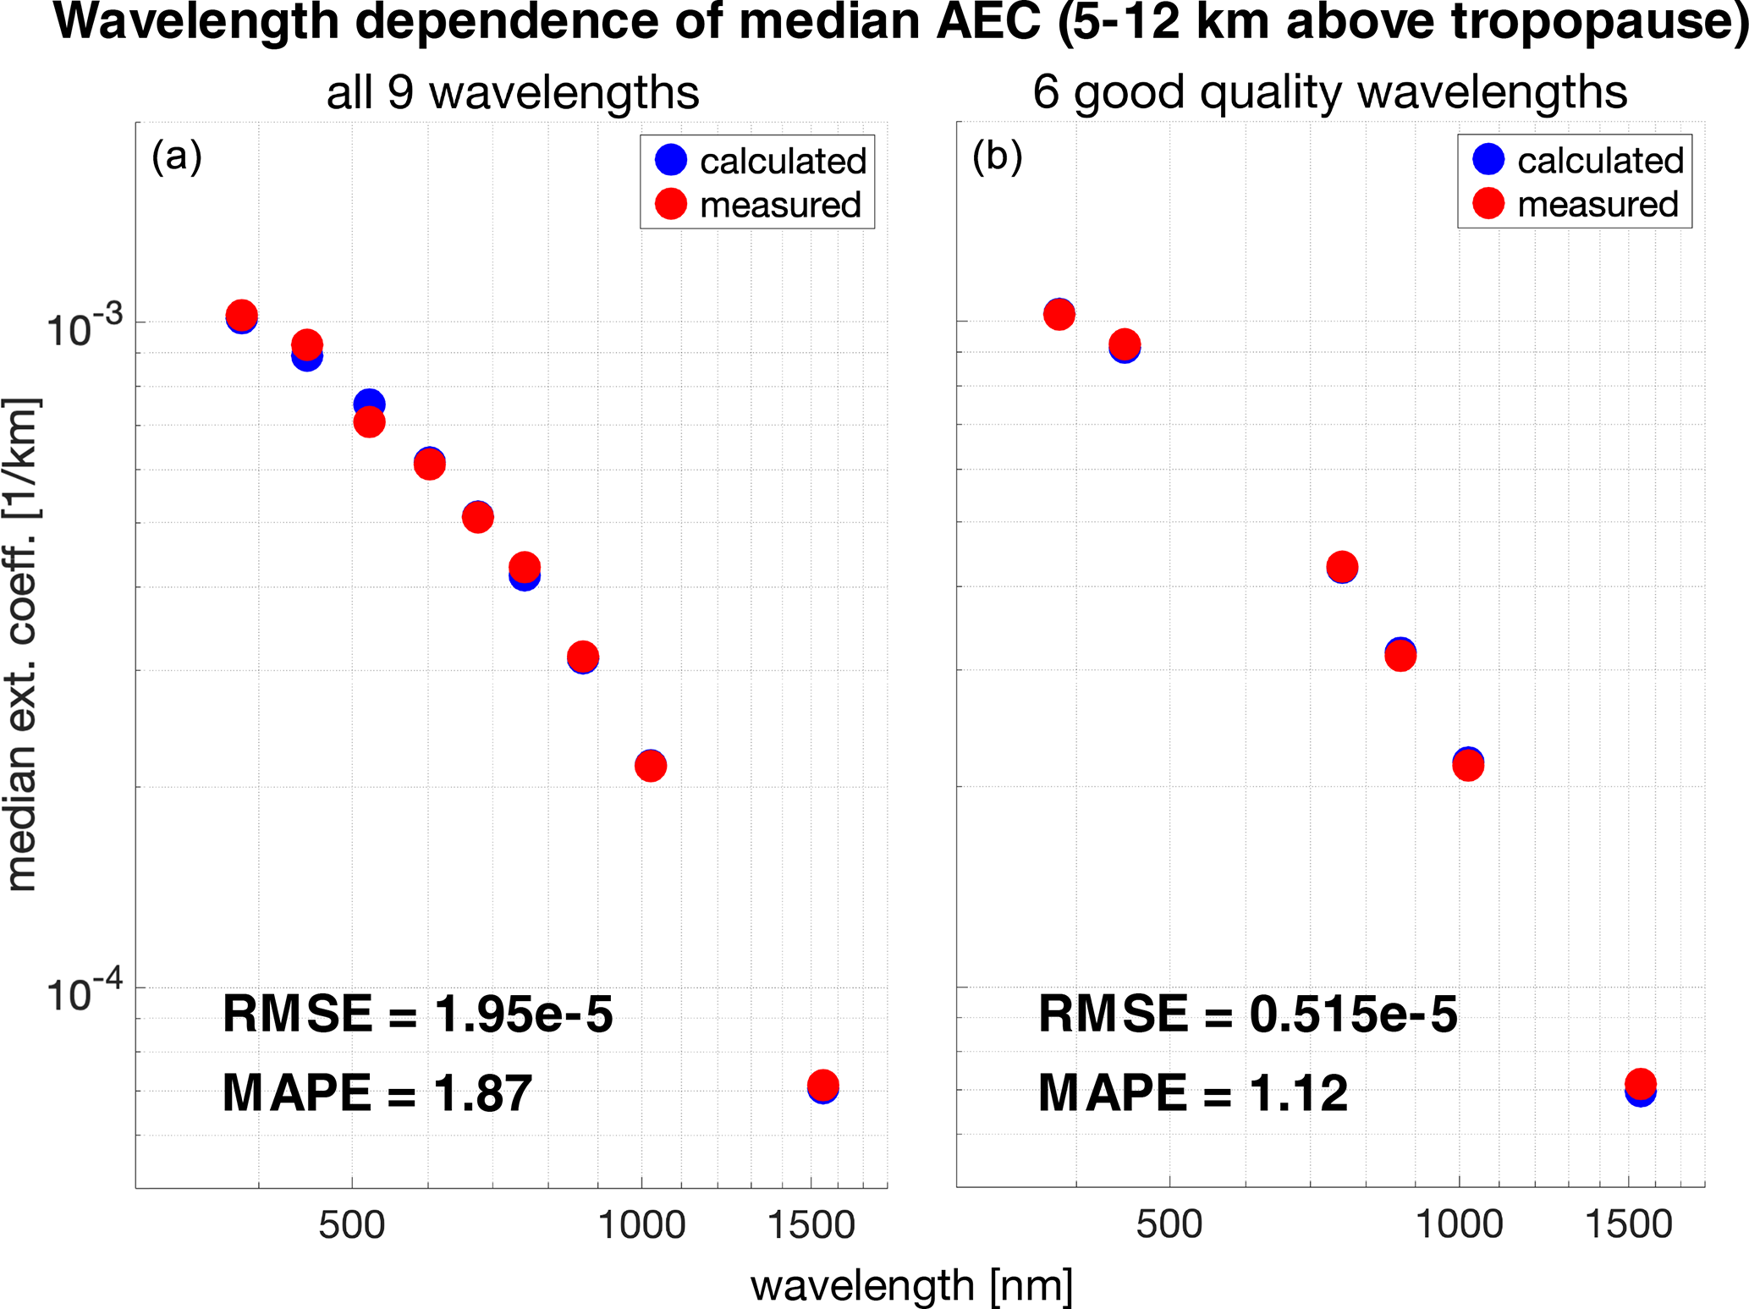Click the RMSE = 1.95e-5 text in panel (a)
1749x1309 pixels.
pos(417,1015)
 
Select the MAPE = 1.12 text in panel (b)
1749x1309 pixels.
pos(1192,1092)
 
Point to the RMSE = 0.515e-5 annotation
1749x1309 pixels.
pos(1247,1015)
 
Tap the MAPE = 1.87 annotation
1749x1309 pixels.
pos(377,1092)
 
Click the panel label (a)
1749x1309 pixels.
pos(176,157)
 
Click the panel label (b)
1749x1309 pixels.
pos(997,157)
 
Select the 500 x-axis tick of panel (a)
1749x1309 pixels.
pos(351,1224)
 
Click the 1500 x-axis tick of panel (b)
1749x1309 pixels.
pos(1628,1224)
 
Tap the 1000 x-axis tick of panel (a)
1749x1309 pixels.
pos(641,1224)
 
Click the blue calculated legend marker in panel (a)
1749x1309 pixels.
pos(671,160)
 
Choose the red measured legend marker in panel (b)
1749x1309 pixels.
pos(1488,203)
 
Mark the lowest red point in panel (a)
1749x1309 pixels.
pos(822,1085)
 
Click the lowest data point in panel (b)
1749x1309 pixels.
pos(1640,1091)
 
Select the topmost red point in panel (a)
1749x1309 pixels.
pos(242,316)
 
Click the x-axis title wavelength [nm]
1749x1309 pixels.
pos(911,1286)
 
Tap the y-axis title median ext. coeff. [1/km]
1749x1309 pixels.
pos(22,643)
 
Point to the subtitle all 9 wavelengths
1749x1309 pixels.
pos(513,92)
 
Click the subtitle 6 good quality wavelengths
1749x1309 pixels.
pos(1329,92)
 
